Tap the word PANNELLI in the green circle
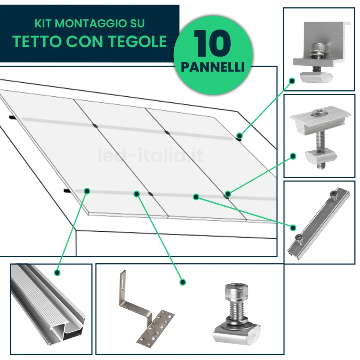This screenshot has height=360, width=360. (213, 67)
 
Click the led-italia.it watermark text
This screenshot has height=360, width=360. (150, 155)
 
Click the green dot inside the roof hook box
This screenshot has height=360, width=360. (182, 282)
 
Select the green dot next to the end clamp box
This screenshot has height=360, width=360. (291, 81)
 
